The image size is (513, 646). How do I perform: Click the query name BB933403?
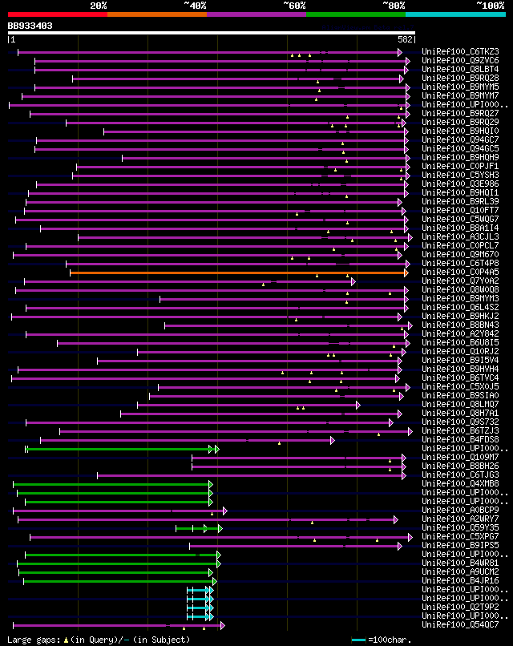pos(30,26)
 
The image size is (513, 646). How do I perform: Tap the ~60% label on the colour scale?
pos(294,5)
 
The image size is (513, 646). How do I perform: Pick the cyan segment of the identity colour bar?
pos(454,14)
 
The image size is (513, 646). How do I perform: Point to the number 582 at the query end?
pos(405,38)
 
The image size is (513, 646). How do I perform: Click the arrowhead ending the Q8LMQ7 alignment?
pos(358,405)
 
